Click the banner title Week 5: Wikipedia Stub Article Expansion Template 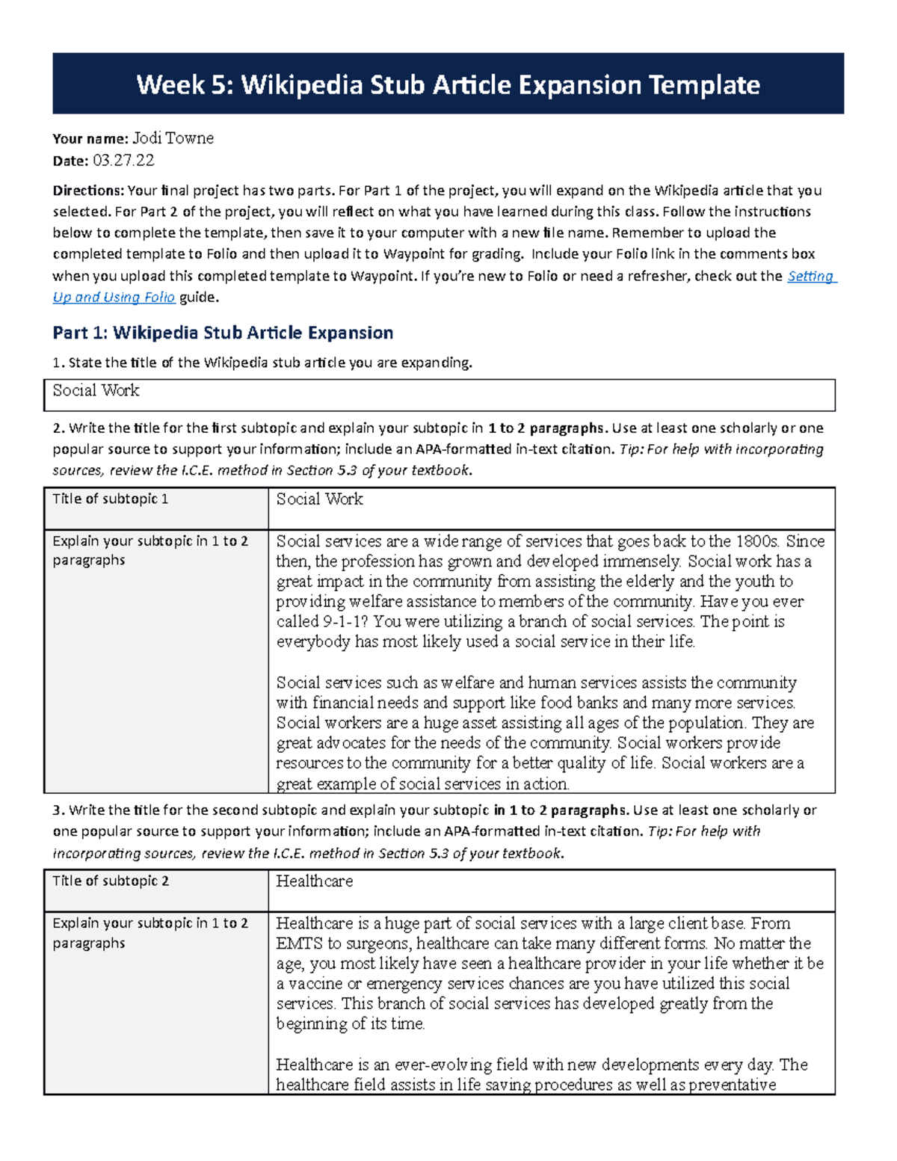click(x=448, y=84)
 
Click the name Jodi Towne click(x=173, y=138)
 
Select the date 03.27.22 click(x=123, y=160)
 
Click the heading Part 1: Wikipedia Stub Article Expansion click(x=223, y=333)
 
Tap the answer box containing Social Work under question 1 click(x=439, y=394)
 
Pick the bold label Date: click(x=70, y=160)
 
